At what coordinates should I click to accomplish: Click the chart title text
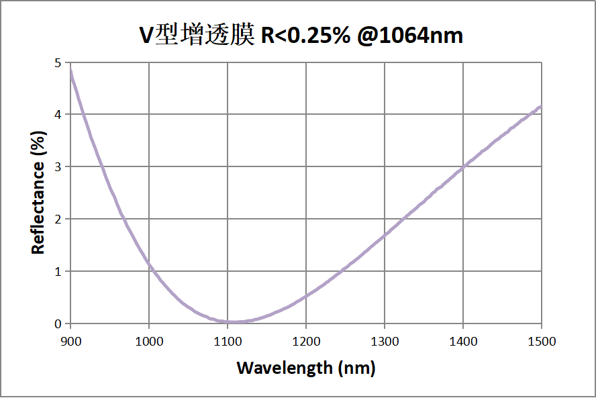[x=301, y=35]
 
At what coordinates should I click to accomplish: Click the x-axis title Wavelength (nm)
[x=305, y=368]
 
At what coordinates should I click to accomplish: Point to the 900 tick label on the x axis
[x=70, y=342]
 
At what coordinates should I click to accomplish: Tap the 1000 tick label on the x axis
[x=149, y=342]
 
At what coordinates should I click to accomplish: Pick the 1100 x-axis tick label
[x=228, y=342]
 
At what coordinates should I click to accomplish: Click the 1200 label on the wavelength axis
[x=306, y=342]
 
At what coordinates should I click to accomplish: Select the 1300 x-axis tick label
[x=385, y=342]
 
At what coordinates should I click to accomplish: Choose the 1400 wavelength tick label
[x=463, y=342]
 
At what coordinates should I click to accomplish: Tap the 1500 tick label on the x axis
[x=542, y=342]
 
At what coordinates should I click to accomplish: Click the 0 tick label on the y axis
[x=58, y=324]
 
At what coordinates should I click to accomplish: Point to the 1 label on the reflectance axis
[x=58, y=272]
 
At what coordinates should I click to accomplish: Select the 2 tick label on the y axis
[x=58, y=219]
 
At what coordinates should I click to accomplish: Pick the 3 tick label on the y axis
[x=58, y=167]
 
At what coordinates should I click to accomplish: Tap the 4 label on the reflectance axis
[x=58, y=115]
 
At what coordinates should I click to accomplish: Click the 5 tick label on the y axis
[x=58, y=62]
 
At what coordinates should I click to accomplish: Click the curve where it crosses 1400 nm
[x=463, y=166]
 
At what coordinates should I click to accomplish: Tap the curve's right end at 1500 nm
[x=540, y=107]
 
